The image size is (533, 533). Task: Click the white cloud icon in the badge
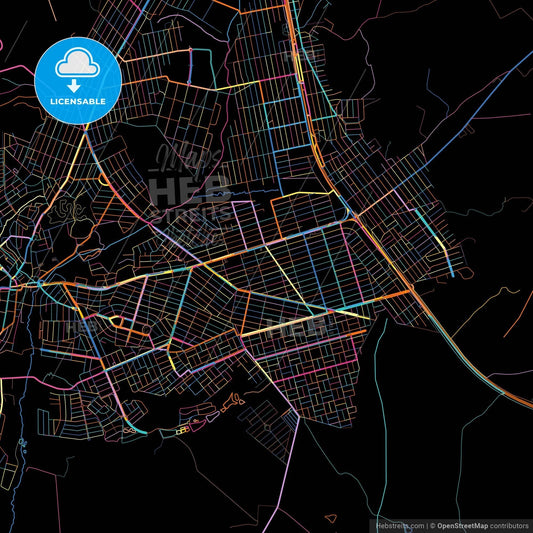[78, 65]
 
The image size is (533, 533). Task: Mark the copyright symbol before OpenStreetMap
[433, 525]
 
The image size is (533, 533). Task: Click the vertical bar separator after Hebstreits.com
[425, 525]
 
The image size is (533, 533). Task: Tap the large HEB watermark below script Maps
[190, 186]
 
